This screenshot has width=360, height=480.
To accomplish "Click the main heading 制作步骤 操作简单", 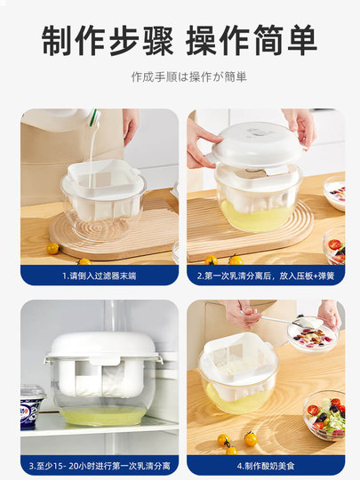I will click(x=180, y=39).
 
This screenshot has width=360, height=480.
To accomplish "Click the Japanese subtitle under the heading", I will click(x=180, y=76).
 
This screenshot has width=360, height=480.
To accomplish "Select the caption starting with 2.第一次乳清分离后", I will click(x=265, y=276).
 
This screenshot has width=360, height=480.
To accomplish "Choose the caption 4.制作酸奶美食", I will click(x=265, y=465).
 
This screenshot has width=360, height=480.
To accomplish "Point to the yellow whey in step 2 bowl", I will click(x=253, y=214).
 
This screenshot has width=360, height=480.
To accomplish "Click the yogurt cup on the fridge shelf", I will click(x=32, y=406).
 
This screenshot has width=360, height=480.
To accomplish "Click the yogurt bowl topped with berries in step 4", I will click(x=313, y=334).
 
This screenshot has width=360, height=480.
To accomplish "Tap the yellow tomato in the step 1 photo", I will click(x=53, y=249).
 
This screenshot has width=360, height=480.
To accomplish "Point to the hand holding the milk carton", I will click(x=131, y=125).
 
